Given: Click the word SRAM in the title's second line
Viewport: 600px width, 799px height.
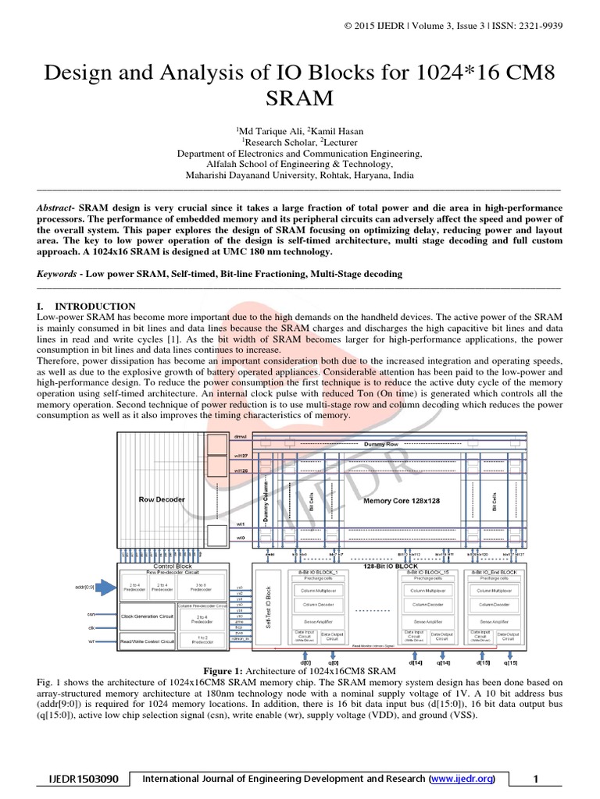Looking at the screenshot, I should (x=300, y=99).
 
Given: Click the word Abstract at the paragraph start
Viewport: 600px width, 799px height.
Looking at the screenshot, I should (x=57, y=208).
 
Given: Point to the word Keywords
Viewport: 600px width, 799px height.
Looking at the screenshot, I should (x=59, y=274).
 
